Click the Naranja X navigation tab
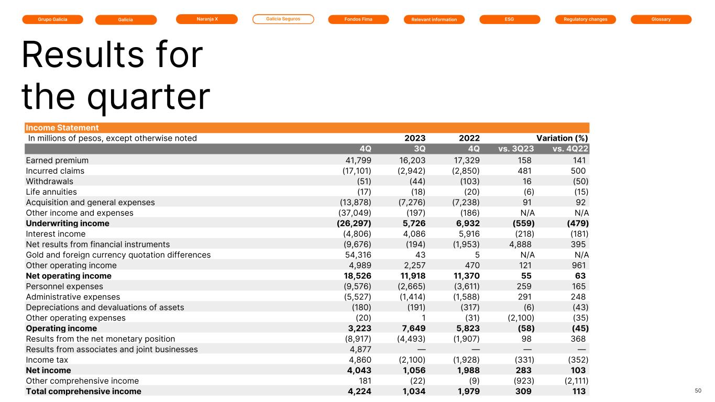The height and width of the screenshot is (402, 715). point(207,19)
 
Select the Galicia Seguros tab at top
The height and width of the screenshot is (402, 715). point(283,19)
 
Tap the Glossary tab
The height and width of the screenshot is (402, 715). point(661,19)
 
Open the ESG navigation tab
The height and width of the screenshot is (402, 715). point(510,19)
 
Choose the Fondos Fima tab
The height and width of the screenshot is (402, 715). point(358,19)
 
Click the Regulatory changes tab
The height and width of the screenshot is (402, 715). point(586,19)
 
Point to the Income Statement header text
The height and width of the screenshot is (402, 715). point(62,128)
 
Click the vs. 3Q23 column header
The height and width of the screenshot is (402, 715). point(516,149)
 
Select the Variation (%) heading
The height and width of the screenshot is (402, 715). point(559,138)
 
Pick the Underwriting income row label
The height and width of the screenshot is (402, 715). point(68,224)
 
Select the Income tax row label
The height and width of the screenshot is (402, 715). point(47,360)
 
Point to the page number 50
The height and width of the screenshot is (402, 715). point(698,390)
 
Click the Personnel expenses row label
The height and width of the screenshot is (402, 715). point(64,286)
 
